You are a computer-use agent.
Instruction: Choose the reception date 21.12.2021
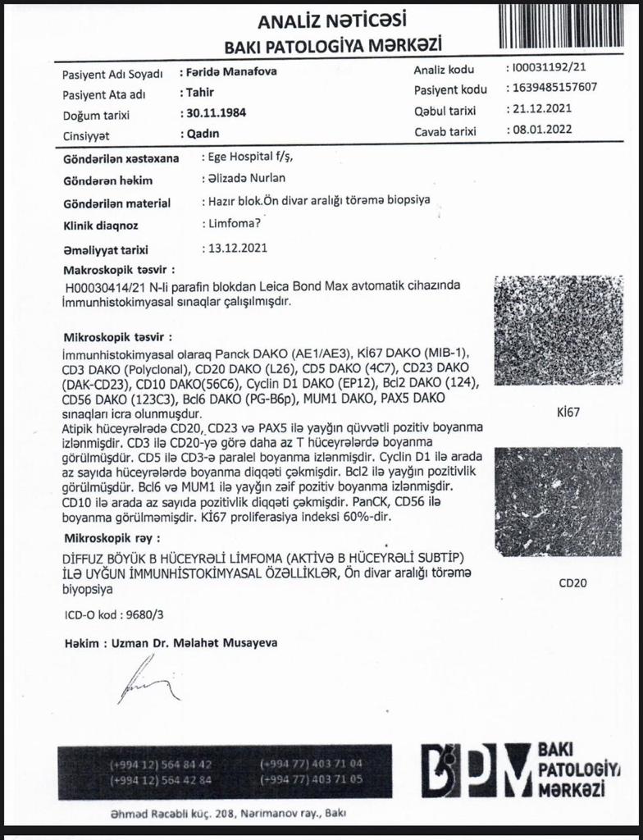[543, 108]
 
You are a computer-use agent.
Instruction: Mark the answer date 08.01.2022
[543, 129]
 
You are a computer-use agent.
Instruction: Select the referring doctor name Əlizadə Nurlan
[244, 179]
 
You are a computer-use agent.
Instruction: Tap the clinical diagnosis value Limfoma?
[226, 223]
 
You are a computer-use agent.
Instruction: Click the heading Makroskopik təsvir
[119, 269]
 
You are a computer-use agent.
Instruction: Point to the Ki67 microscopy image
[559, 331]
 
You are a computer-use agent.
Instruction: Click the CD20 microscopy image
[559, 501]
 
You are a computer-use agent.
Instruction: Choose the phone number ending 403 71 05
[311, 779]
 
